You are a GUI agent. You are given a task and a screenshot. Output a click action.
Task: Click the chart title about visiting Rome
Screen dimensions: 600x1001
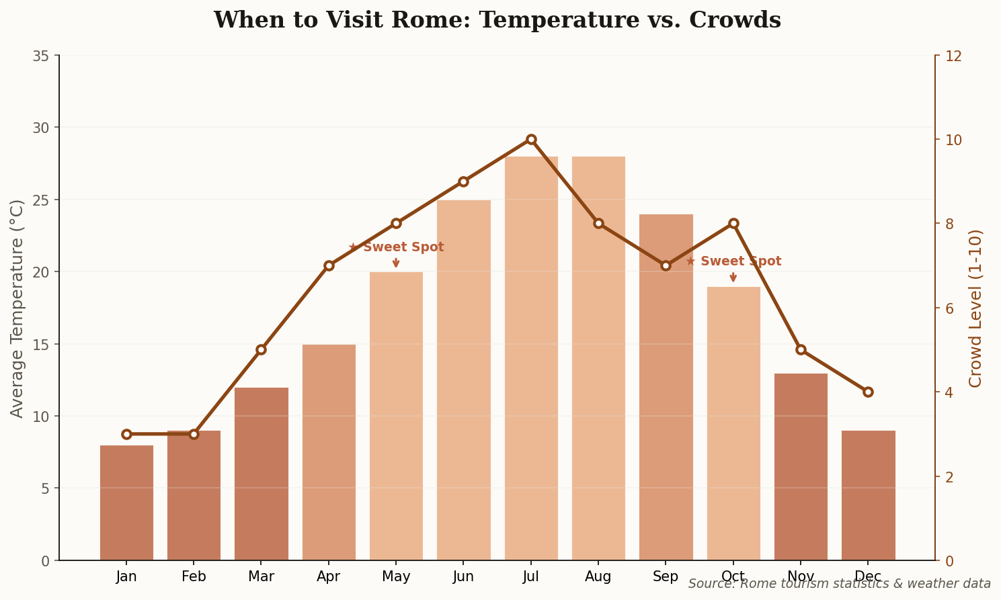(x=497, y=20)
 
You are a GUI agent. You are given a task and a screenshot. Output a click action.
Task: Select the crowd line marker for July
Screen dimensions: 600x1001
(x=531, y=139)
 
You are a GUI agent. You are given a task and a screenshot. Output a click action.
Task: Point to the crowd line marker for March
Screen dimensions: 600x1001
(x=262, y=349)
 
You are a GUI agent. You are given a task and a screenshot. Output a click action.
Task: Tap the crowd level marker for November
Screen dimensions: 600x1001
(x=801, y=349)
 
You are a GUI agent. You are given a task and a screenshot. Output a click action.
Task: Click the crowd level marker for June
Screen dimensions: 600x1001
(x=463, y=181)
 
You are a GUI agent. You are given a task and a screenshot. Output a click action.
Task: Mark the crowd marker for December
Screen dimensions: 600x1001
(x=868, y=392)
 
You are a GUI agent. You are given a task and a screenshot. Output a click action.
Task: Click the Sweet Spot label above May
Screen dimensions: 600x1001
(x=396, y=247)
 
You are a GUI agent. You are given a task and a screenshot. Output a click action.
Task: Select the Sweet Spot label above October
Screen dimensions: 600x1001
(x=733, y=261)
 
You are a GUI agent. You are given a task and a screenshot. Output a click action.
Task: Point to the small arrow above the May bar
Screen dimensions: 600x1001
(x=396, y=263)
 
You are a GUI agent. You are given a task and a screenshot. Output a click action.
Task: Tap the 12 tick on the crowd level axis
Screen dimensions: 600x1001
(x=953, y=56)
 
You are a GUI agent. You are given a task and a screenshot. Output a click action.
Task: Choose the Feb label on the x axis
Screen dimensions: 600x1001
(x=194, y=576)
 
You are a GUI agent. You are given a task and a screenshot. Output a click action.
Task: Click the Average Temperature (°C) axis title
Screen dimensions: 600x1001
(x=17, y=308)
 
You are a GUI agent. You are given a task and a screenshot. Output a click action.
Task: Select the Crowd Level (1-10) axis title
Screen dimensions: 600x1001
(x=975, y=308)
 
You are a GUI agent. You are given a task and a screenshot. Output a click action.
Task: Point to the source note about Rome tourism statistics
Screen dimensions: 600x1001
(x=839, y=584)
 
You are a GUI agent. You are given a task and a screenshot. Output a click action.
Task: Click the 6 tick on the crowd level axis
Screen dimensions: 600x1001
(x=949, y=308)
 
